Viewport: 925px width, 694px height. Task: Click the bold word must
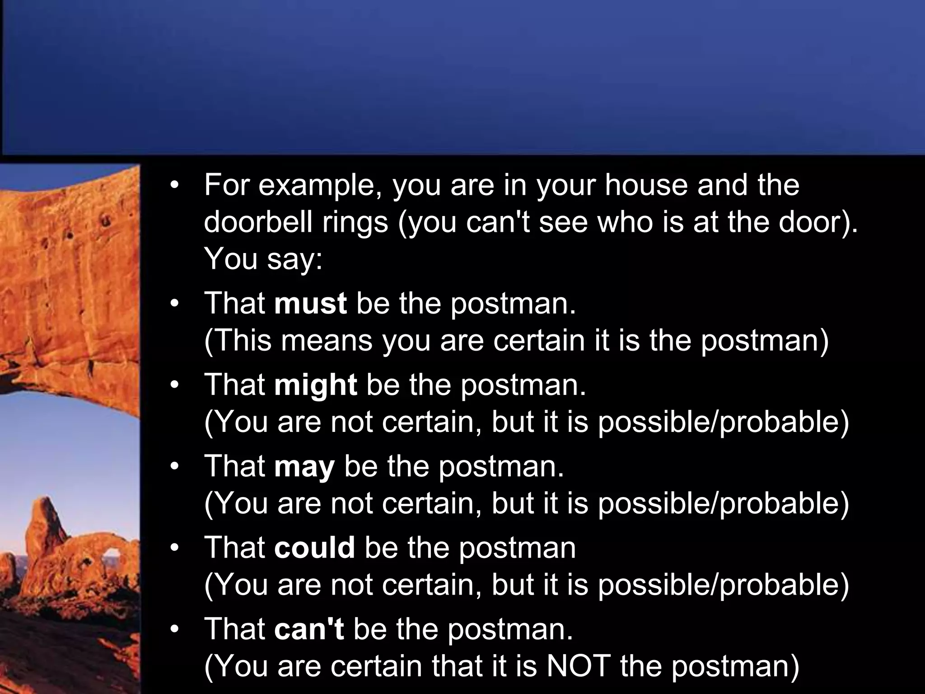coord(310,303)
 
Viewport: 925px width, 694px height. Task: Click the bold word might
coord(315,385)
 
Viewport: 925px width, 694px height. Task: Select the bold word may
coord(304,467)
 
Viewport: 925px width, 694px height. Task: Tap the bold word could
coord(314,548)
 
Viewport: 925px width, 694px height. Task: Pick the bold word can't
coord(309,629)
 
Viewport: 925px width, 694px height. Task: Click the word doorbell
coord(257,222)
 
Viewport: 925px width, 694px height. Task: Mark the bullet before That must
coord(175,304)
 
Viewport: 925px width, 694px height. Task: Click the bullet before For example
coord(175,186)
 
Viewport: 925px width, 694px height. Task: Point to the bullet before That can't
coord(175,629)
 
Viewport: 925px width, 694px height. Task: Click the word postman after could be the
coord(518,548)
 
